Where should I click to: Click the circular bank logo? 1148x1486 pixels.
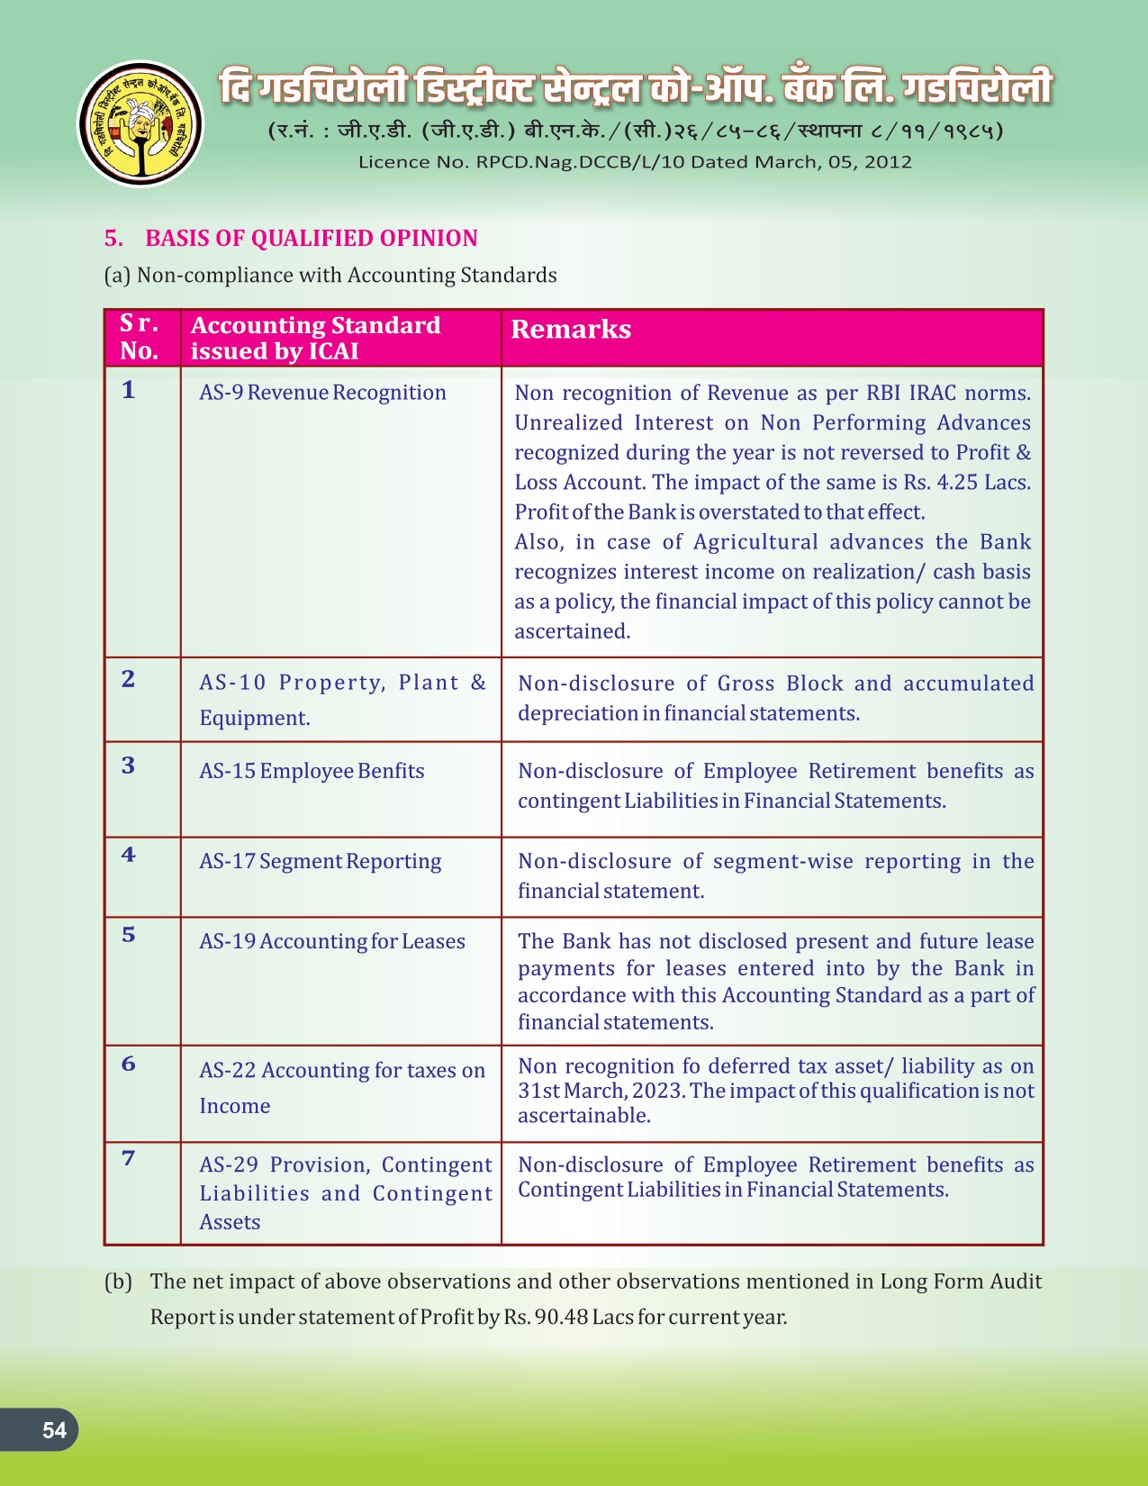coord(140,124)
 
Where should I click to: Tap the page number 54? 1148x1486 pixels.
coord(54,1430)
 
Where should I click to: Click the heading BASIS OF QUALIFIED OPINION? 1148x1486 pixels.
coord(311,239)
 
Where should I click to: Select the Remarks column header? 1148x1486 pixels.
coord(571,330)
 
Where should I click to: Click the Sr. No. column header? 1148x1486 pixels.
coord(140,337)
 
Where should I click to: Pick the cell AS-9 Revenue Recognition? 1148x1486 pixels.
coord(322,393)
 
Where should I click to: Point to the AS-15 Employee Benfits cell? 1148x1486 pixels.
coord(312,771)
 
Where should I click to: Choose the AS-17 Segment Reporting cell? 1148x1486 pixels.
coord(320,862)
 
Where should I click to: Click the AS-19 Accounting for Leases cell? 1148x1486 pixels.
coord(331,941)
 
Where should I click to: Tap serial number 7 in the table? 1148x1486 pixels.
coord(129,1158)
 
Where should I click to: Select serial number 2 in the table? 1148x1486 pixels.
coord(129,679)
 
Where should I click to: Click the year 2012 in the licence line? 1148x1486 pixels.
coord(888,162)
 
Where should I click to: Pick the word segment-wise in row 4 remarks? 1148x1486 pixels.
coord(782,862)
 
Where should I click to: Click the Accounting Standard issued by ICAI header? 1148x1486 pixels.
coord(315,338)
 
